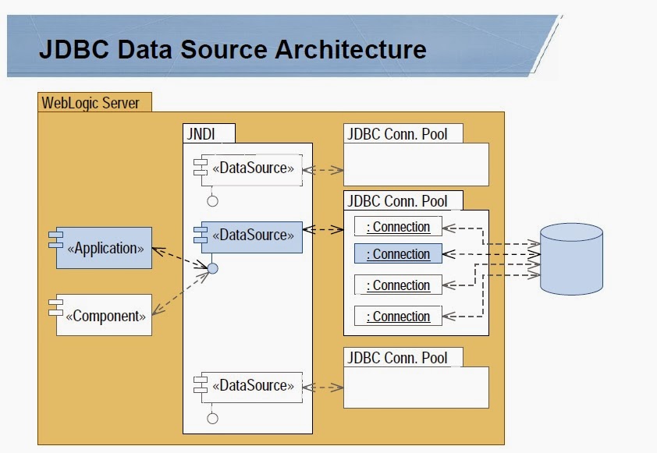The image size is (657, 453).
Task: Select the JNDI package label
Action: click(x=197, y=133)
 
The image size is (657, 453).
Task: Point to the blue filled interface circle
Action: click(x=212, y=269)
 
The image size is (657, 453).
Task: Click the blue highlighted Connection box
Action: click(x=398, y=254)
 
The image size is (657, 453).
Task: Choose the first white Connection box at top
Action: click(x=398, y=227)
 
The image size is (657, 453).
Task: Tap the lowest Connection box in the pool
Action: click(x=398, y=317)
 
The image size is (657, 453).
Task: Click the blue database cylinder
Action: click(x=571, y=258)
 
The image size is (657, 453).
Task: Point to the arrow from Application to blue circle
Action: click(x=179, y=258)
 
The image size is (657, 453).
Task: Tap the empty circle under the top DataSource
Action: click(x=212, y=201)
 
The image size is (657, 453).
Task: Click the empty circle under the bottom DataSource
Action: click(x=212, y=419)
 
